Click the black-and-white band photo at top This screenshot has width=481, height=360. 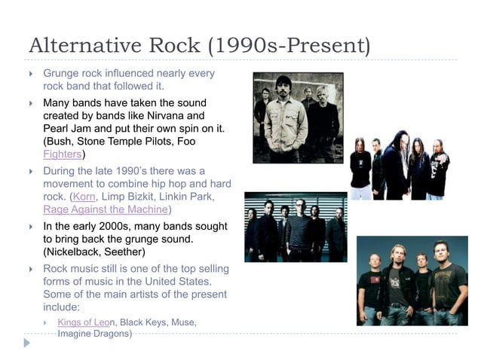click(298, 117)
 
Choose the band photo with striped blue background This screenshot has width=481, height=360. click(296, 227)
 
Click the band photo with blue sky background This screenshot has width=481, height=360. click(412, 281)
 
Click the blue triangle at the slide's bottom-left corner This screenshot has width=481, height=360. click(28, 343)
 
